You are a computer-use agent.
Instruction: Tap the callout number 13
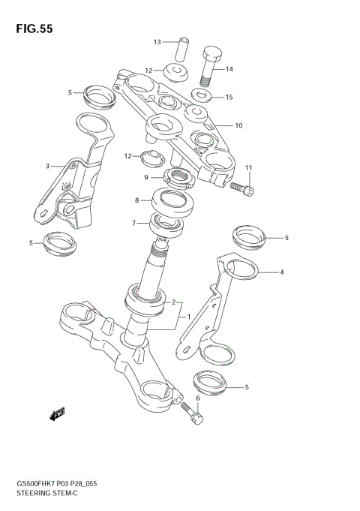(x=158, y=42)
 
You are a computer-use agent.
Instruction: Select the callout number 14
(x=229, y=69)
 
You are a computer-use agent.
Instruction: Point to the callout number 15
(x=229, y=97)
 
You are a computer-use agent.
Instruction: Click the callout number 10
(x=239, y=125)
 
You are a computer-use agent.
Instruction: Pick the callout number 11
(x=248, y=167)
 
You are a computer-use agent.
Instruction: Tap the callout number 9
(x=147, y=178)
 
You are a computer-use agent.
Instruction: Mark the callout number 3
(x=47, y=166)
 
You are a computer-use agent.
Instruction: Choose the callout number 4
(x=282, y=272)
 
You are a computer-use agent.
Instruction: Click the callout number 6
(x=198, y=398)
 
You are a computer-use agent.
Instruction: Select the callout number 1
(x=189, y=316)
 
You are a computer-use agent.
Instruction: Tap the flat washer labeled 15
(x=201, y=96)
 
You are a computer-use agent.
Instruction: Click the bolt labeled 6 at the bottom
(x=193, y=413)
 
